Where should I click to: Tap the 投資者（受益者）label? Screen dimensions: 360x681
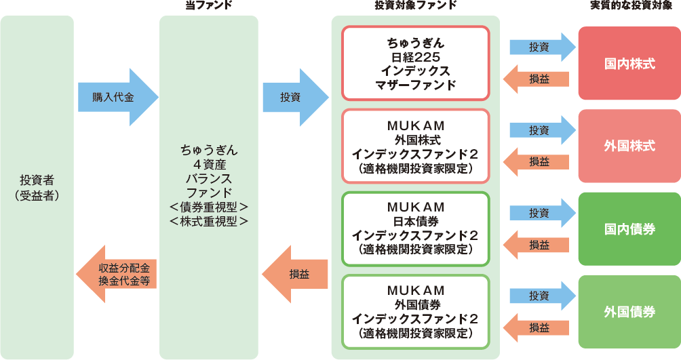tap(38, 187)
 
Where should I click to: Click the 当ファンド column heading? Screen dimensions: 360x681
tap(209, 5)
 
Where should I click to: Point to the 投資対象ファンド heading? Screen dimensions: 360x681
tap(415, 5)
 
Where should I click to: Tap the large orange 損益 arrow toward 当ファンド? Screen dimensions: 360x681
tap(296, 274)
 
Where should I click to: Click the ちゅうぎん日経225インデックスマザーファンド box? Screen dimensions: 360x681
tap(415, 64)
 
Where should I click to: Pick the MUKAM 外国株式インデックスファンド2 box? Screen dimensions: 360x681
tap(415, 146)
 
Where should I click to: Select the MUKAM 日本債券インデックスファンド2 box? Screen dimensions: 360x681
tap(415, 228)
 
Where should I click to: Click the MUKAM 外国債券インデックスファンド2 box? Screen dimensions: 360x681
tap(415, 312)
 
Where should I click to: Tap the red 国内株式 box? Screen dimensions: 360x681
tap(629, 64)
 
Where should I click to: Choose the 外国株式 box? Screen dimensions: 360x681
tap(629, 146)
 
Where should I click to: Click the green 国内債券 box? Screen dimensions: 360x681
tap(629, 228)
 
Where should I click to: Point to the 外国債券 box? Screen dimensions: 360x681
tap(629, 312)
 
